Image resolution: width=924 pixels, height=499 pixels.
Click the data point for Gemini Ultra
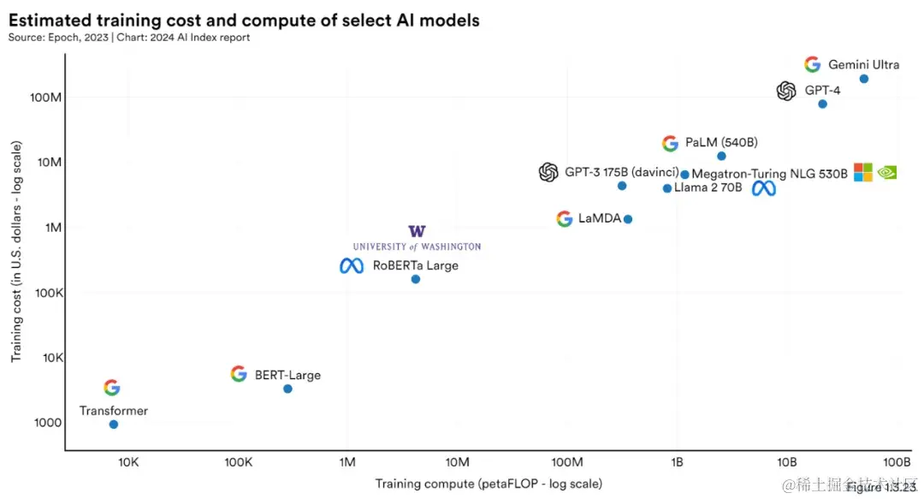click(863, 79)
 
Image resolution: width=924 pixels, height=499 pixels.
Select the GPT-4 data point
click(822, 104)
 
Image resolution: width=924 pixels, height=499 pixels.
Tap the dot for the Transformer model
click(113, 424)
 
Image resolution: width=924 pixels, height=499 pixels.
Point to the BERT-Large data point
click(287, 389)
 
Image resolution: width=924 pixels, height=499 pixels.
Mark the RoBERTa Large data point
click(416, 279)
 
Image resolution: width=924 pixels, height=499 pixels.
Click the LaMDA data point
click(627, 219)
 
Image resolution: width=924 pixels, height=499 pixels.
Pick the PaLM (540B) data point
click(721, 156)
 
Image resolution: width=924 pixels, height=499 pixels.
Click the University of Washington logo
click(417, 238)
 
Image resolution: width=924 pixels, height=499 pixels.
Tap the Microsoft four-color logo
click(862, 172)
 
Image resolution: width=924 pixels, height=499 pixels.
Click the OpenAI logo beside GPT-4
click(786, 91)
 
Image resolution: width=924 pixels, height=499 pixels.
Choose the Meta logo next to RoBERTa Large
click(352, 266)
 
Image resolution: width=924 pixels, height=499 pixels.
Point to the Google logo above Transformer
click(112, 388)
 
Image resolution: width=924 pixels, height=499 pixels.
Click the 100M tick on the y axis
click(45, 98)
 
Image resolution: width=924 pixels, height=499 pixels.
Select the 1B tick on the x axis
click(676, 462)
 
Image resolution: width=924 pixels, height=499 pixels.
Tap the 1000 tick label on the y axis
click(47, 423)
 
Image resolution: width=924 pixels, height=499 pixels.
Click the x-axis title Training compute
click(489, 484)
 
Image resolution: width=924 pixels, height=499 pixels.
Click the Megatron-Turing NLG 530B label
click(769, 174)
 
